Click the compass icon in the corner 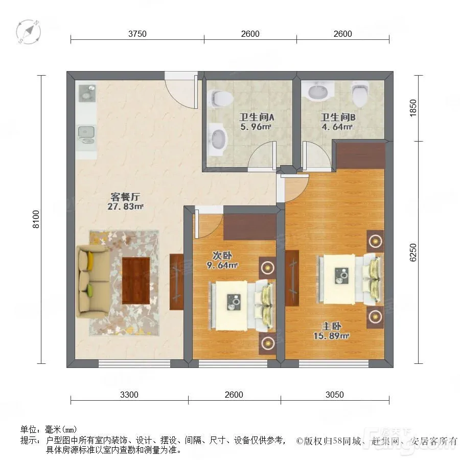coord(29,32)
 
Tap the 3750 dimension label coord(137,34)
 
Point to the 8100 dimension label coord(36,219)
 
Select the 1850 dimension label coord(413,108)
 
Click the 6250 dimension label coord(413,252)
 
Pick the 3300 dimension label coord(129,395)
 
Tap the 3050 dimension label coord(334,395)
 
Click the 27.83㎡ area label coord(126,206)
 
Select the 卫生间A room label coord(257,118)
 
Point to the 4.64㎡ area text coord(337,127)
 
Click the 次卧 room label coord(222,256)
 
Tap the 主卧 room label coord(331,326)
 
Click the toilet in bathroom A coord(219,98)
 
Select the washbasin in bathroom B coord(318,90)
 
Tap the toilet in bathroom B coord(360,94)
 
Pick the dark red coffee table coord(136,281)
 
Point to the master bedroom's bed coord(350,280)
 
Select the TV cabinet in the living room coord(177,282)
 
